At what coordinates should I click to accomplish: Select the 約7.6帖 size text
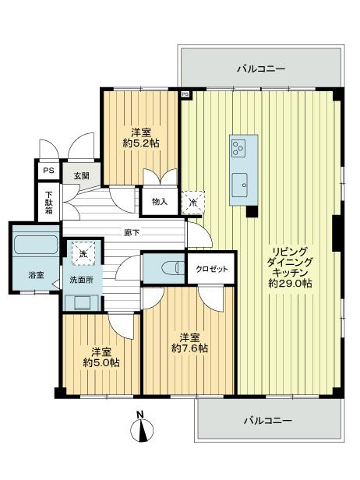(x=189, y=349)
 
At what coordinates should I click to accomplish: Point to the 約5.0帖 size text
(x=101, y=362)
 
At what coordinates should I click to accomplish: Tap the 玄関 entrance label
(x=81, y=175)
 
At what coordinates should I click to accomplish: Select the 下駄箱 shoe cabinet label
(x=48, y=204)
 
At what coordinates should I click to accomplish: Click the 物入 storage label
(x=159, y=202)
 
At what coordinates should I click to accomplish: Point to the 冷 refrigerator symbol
(x=192, y=202)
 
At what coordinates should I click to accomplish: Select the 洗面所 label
(x=82, y=279)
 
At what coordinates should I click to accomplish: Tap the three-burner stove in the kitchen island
(x=243, y=146)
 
